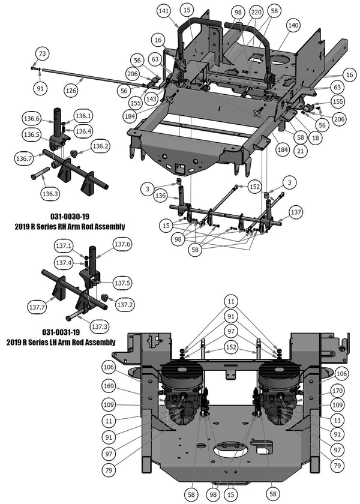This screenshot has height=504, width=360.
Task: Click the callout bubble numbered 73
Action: (x=41, y=53)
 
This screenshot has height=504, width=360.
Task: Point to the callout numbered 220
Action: (x=256, y=13)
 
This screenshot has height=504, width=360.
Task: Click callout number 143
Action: (x=152, y=99)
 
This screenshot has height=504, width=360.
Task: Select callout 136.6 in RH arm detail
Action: (x=31, y=119)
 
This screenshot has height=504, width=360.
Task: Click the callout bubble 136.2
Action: (x=100, y=146)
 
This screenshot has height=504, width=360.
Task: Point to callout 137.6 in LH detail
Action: (x=122, y=244)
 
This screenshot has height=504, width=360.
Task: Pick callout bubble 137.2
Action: (x=125, y=305)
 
